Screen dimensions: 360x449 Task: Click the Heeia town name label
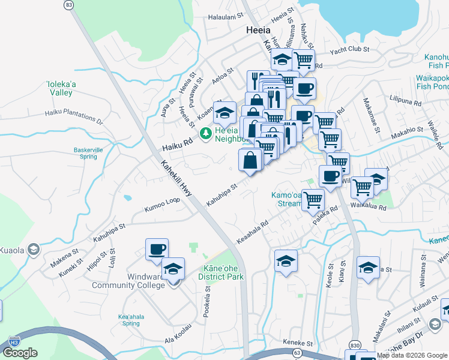pyautogui.click(x=258, y=30)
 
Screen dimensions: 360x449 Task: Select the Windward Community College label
pyautogui.click(x=128, y=281)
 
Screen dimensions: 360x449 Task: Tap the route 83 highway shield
pyautogui.click(x=70, y=5)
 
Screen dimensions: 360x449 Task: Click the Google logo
pyautogui.click(x=20, y=353)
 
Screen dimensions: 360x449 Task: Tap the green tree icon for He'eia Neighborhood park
pyautogui.click(x=205, y=132)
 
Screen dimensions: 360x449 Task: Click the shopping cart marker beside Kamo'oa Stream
pyautogui.click(x=313, y=199)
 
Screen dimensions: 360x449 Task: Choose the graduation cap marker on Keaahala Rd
pyautogui.click(x=286, y=260)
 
